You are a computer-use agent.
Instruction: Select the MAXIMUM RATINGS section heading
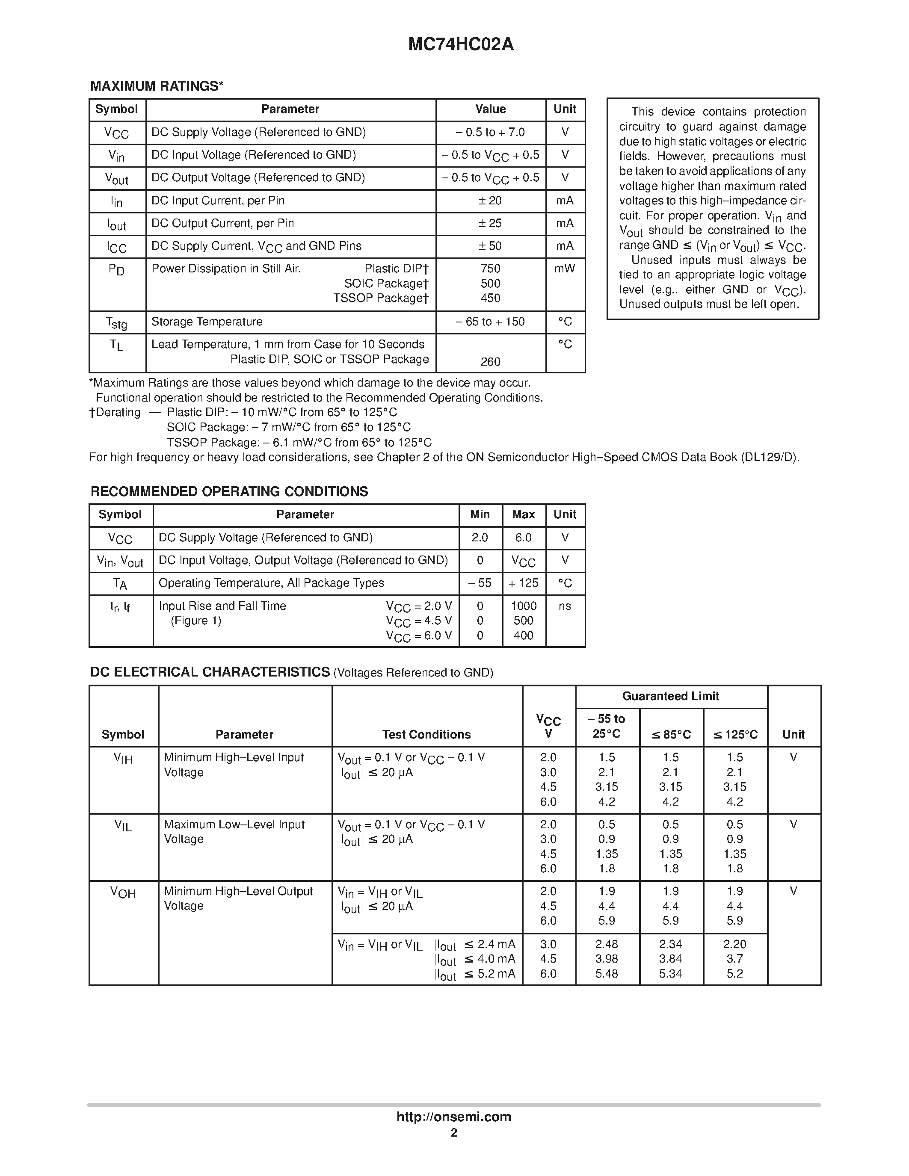(157, 86)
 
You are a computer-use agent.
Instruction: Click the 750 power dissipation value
(490, 269)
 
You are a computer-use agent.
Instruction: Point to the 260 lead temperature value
(490, 362)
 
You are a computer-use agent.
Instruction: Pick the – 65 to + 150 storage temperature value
(490, 322)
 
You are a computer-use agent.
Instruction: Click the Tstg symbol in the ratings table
(117, 322)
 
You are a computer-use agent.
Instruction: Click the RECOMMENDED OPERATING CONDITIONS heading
(229, 492)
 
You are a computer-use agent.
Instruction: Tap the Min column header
(480, 515)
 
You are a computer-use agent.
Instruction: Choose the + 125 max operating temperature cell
(524, 583)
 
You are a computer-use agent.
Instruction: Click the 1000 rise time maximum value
(524, 606)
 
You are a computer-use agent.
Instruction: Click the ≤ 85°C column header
(671, 734)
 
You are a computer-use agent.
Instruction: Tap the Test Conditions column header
(426, 734)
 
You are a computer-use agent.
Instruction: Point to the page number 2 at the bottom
(454, 1133)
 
